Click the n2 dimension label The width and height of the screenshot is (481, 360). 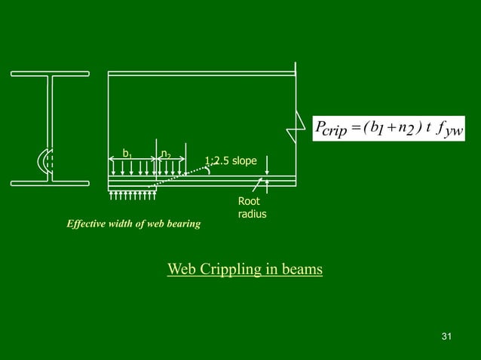(x=165, y=154)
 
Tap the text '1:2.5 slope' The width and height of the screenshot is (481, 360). (x=231, y=160)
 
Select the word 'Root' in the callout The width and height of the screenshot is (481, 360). (x=248, y=202)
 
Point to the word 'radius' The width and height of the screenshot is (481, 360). (x=252, y=215)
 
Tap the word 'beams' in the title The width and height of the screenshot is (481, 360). (x=300, y=269)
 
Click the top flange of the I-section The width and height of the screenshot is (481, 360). (x=51, y=74)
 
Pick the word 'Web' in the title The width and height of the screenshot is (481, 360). (x=181, y=269)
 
